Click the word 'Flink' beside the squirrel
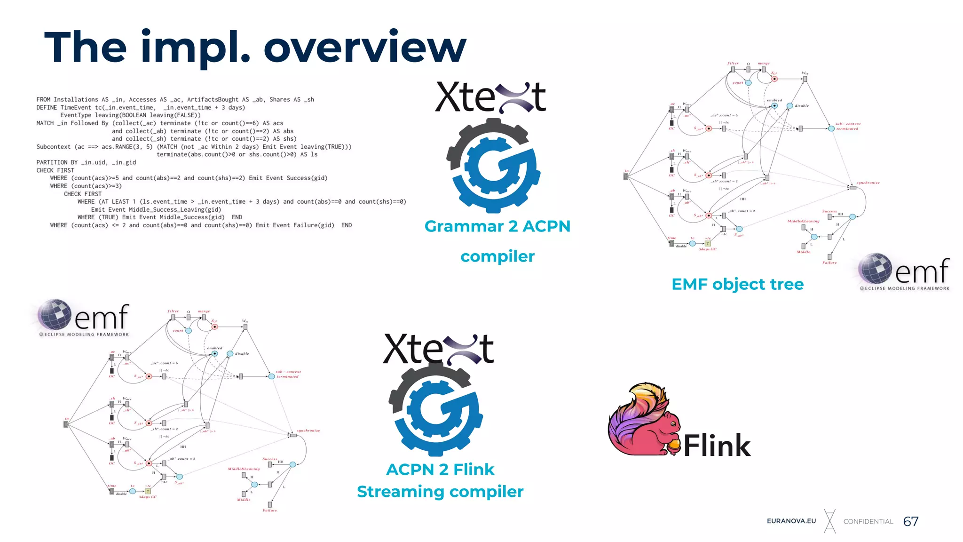click(717, 445)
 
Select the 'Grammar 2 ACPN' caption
click(497, 226)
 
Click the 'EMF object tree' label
click(737, 284)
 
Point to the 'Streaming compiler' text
click(440, 492)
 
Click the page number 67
click(910, 521)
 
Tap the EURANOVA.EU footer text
click(791, 521)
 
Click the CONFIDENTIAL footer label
click(868, 521)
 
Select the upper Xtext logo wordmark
click(490, 97)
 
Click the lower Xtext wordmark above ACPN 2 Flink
click(438, 350)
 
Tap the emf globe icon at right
click(875, 269)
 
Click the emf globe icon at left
click(54, 314)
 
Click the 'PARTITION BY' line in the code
click(86, 162)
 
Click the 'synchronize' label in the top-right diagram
click(868, 183)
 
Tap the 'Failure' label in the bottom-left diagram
click(269, 510)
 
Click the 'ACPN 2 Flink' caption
click(440, 470)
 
